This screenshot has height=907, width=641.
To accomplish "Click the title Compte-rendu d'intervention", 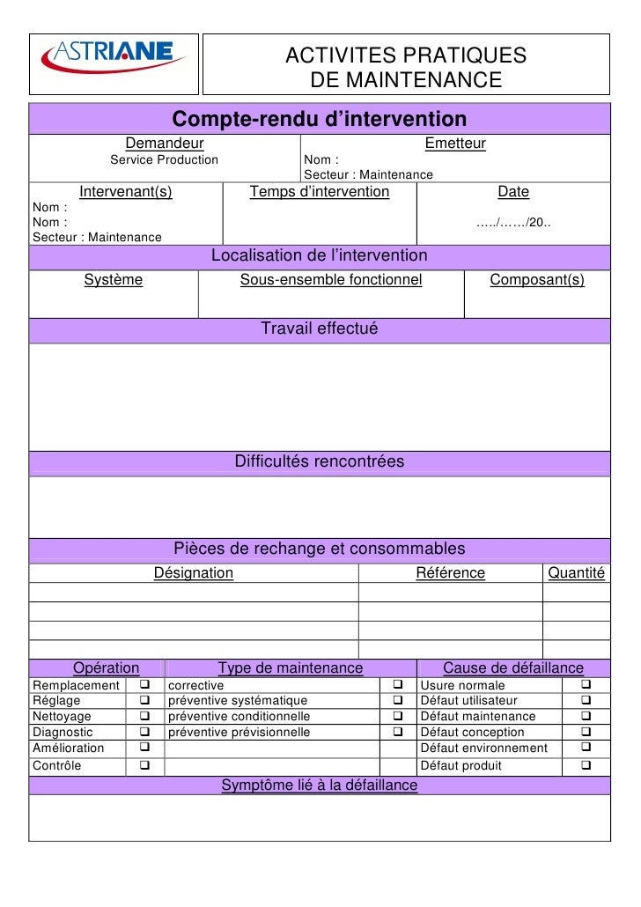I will (x=319, y=119).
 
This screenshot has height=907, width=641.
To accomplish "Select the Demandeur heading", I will (x=165, y=144).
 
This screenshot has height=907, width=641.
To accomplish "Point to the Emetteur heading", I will (x=455, y=144).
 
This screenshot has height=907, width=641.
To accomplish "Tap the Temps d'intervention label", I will (x=320, y=192).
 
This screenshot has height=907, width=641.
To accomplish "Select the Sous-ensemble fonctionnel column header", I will (x=331, y=280).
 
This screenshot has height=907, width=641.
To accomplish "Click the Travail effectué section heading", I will (x=319, y=329).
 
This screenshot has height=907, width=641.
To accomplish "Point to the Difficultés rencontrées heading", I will (x=319, y=461).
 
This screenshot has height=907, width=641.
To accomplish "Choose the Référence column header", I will (x=450, y=573).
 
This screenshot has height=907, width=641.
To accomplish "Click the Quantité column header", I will (x=576, y=573).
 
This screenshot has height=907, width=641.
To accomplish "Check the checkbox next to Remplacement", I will (x=144, y=685).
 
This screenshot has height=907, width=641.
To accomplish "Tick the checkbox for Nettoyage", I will (x=144, y=717).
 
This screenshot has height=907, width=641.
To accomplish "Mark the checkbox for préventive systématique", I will (x=397, y=701).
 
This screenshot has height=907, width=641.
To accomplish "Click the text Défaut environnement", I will (x=484, y=748).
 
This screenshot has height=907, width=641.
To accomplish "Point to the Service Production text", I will (x=164, y=160).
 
